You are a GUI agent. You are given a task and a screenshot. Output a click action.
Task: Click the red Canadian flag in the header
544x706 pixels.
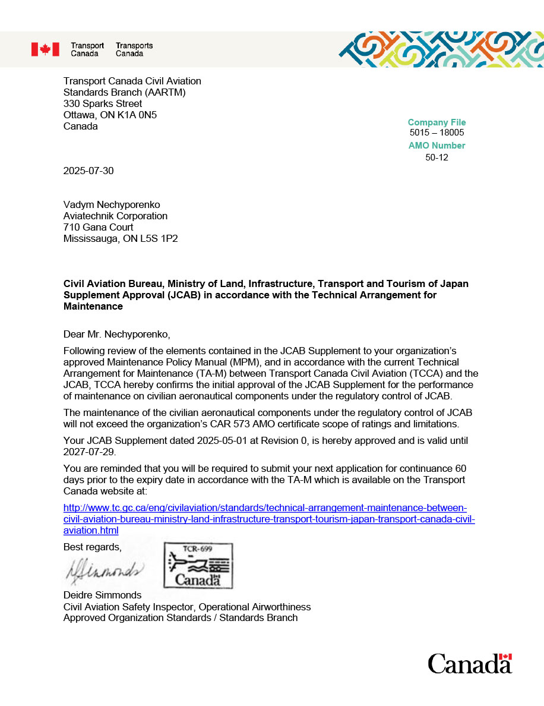point(45,49)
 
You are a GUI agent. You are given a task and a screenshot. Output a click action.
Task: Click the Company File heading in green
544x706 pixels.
point(437,122)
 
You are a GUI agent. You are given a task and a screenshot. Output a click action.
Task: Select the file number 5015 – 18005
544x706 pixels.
point(437,133)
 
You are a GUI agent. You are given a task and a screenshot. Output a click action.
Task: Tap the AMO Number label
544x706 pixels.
point(437,146)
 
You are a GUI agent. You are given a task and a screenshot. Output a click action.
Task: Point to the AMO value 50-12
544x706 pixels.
point(437,157)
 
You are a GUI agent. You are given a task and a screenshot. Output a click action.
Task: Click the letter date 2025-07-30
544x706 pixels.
point(88,171)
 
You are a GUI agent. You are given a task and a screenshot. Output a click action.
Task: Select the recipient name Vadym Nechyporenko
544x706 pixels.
point(112,205)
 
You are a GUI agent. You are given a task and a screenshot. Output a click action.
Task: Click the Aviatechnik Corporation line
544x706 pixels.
point(115,216)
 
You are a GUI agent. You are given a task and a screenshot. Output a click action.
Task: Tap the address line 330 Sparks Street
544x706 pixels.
point(103,104)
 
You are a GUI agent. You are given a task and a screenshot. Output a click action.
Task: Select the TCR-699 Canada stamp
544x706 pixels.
point(198,565)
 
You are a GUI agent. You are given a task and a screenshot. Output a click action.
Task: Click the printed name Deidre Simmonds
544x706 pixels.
point(102,595)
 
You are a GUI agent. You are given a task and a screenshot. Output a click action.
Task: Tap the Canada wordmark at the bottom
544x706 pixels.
point(469,664)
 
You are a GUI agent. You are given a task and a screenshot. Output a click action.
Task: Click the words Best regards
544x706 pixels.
point(92,547)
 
